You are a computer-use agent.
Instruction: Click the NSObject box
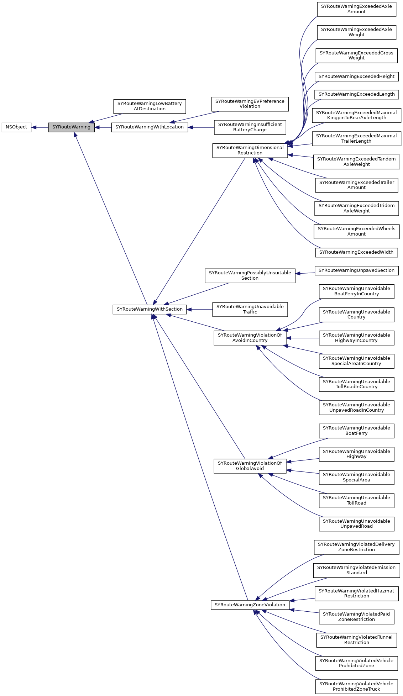click(x=16, y=127)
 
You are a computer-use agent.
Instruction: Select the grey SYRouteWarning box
click(x=71, y=127)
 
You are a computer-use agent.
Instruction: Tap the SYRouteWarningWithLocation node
click(x=150, y=127)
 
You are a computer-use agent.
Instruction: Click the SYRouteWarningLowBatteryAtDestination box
click(x=150, y=106)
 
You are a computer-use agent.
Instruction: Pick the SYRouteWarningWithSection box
click(x=150, y=309)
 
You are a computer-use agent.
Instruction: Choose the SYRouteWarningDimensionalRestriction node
click(x=250, y=150)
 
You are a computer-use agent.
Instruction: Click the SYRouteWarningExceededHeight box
click(x=356, y=77)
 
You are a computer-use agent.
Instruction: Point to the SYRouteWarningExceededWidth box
click(x=356, y=252)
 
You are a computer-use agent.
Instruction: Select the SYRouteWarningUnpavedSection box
click(x=356, y=270)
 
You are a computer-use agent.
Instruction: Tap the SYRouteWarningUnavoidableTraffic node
click(x=250, y=309)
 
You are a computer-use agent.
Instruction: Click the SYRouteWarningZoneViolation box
click(x=250, y=605)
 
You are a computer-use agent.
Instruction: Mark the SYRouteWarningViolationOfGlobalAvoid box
click(x=250, y=466)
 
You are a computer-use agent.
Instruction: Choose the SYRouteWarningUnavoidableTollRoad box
click(x=356, y=500)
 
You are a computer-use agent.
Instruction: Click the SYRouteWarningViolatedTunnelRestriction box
click(x=356, y=640)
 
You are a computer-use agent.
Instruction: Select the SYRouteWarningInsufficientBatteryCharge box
click(x=250, y=127)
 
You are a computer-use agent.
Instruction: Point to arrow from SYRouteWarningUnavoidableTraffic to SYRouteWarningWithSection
click(x=199, y=310)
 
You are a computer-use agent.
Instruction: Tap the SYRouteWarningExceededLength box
click(x=356, y=94)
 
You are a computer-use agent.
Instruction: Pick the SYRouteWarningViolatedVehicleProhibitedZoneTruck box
click(x=356, y=686)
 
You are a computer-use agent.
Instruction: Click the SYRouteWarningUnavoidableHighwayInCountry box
click(x=356, y=338)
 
